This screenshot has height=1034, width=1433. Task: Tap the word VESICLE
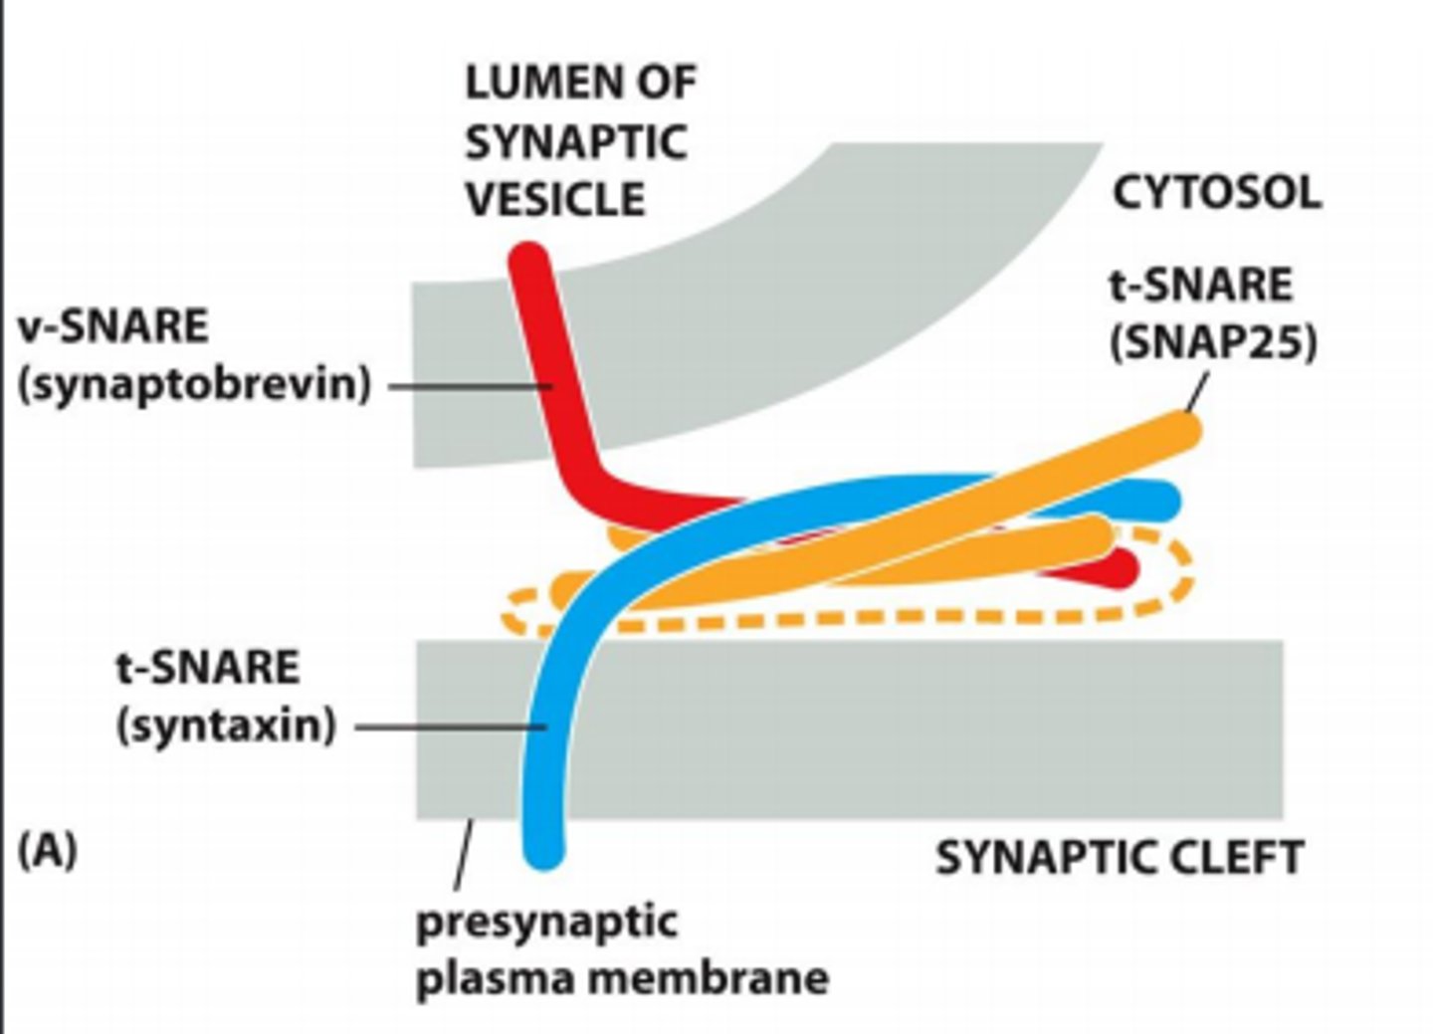click(555, 199)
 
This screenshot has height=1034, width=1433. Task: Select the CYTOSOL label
click(1216, 192)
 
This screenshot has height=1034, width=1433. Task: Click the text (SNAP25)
click(1213, 343)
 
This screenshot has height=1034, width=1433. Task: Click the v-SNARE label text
click(113, 326)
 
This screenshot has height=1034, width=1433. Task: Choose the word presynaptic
click(546, 922)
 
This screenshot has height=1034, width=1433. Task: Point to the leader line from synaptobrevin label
click(468, 386)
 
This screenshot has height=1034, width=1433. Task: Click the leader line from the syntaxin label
click(448, 726)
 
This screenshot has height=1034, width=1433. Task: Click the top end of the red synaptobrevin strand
click(528, 261)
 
